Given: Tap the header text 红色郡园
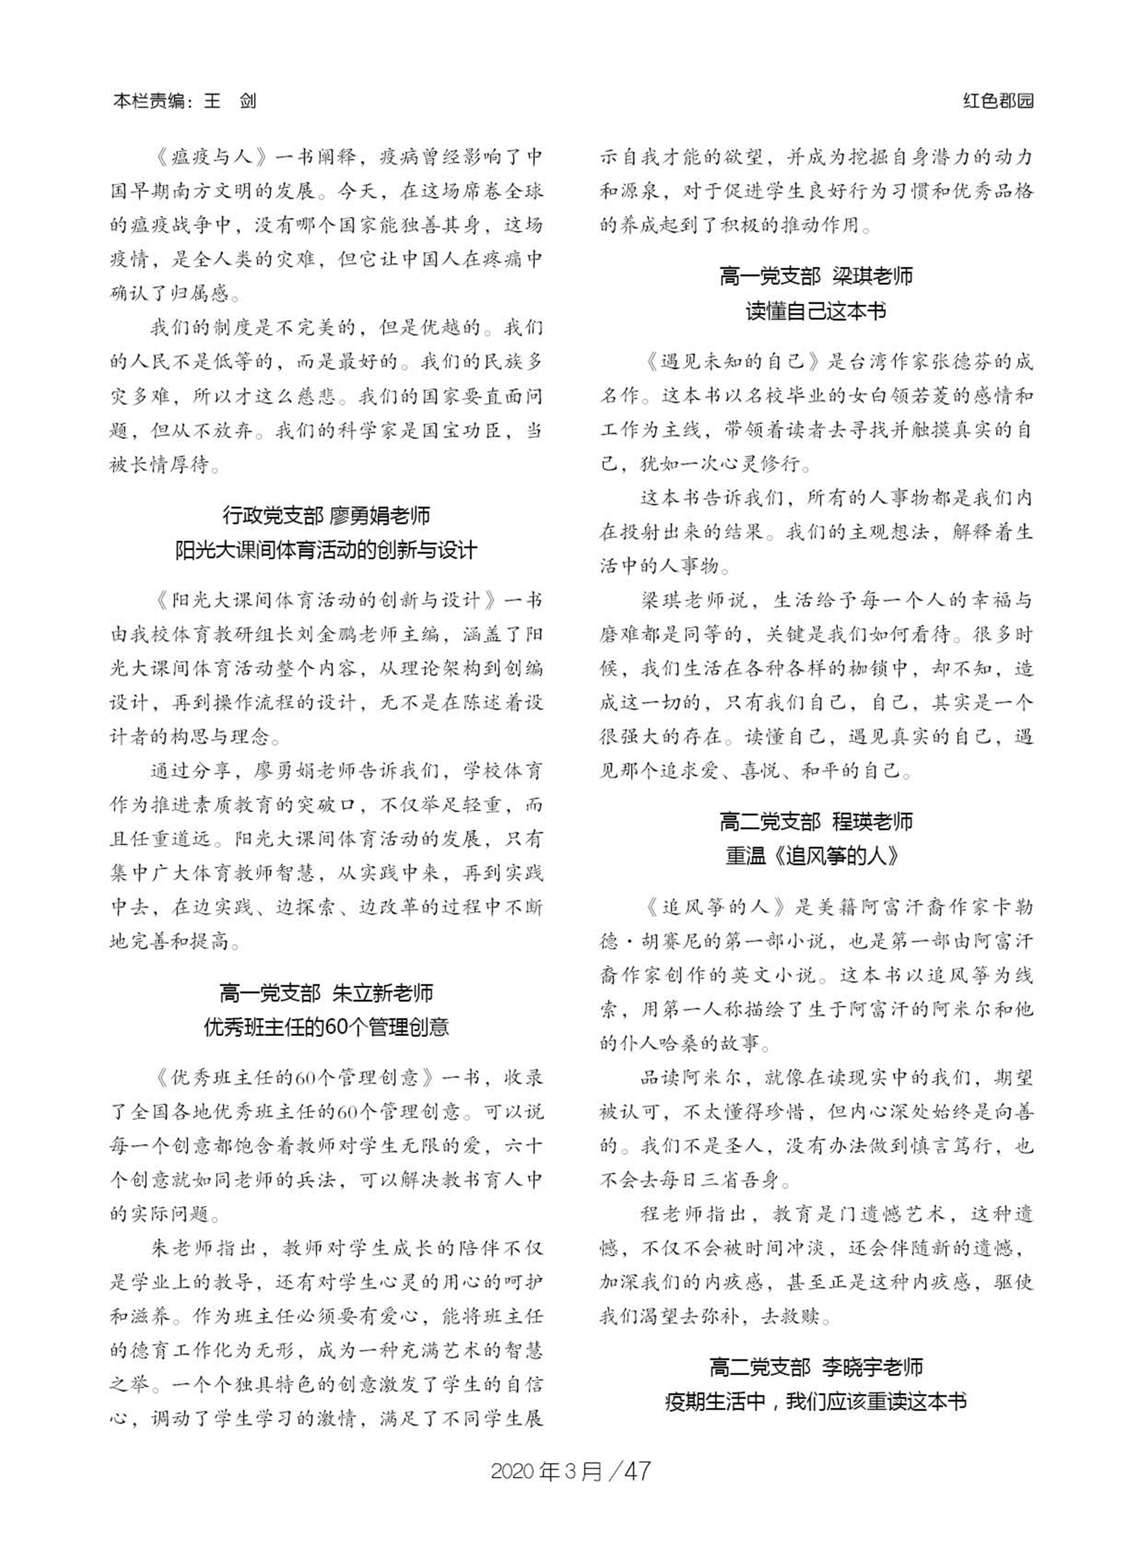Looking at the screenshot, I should click(x=999, y=102).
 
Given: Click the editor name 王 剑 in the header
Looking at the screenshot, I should click(x=230, y=102).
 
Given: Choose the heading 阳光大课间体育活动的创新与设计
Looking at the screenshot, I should click(x=326, y=550).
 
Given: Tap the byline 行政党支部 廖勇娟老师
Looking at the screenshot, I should click(x=326, y=515).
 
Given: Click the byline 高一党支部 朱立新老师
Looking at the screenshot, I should click(x=326, y=993).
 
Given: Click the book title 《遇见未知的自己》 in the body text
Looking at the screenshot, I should click(x=723, y=362).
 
